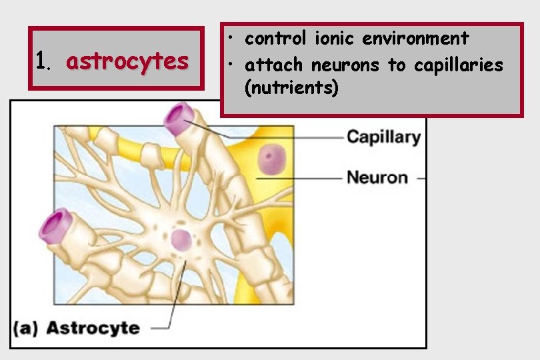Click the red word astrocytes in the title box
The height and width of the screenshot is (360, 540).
[127, 61]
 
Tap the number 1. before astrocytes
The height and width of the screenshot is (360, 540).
[43, 61]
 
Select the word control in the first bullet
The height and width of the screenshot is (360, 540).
[273, 39]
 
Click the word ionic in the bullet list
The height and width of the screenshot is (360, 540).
[331, 39]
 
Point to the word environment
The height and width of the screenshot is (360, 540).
[415, 39]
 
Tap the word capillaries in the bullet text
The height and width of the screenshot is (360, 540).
[458, 65]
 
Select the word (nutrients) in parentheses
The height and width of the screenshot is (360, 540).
[292, 87]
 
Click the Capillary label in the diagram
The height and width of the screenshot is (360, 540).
[383, 137]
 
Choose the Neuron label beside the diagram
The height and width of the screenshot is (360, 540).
[377, 177]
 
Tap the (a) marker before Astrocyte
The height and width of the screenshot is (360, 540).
[27, 328]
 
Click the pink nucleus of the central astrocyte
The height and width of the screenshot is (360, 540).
[181, 240]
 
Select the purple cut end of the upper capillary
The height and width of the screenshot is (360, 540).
[178, 118]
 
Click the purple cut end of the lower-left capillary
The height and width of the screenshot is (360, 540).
[55, 225]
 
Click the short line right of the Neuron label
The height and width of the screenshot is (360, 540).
[421, 178]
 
